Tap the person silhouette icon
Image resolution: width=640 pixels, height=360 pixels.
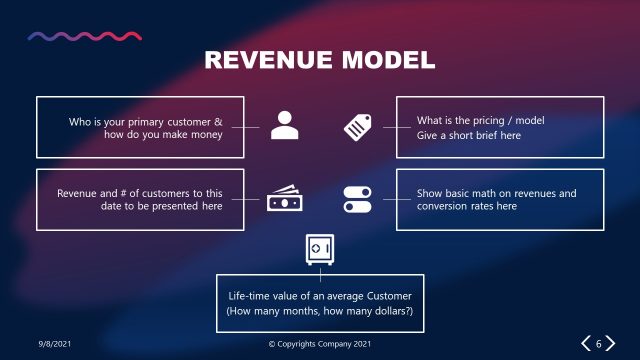click(284, 126)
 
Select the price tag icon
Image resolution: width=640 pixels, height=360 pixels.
click(357, 126)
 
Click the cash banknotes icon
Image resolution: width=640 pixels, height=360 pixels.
click(284, 199)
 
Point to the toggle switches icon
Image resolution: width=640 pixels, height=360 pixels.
click(357, 199)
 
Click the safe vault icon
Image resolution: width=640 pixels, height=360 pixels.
click(319, 250)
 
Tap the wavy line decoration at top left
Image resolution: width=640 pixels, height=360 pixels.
click(84, 36)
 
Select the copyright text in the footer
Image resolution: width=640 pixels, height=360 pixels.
click(320, 344)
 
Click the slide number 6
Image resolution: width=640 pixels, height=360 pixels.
click(599, 344)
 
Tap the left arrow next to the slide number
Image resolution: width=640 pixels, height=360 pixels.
click(585, 344)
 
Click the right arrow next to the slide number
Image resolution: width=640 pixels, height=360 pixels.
click(612, 344)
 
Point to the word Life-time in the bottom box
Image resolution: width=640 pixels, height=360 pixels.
click(251, 297)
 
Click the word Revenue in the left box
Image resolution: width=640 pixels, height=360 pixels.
click(79, 193)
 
